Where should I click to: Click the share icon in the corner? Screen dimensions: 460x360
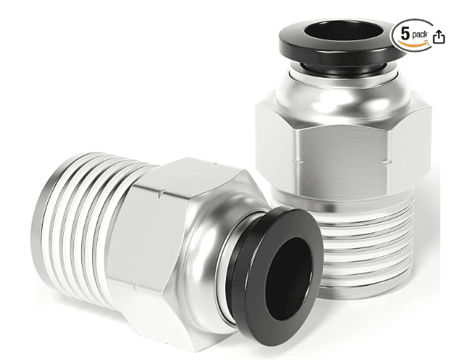click(439, 36)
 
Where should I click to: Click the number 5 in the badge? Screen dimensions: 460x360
click(405, 35)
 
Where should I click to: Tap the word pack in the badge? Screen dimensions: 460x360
click(420, 35)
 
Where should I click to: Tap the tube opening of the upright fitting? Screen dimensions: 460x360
click(340, 30)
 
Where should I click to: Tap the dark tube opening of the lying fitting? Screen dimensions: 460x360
click(289, 278)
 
